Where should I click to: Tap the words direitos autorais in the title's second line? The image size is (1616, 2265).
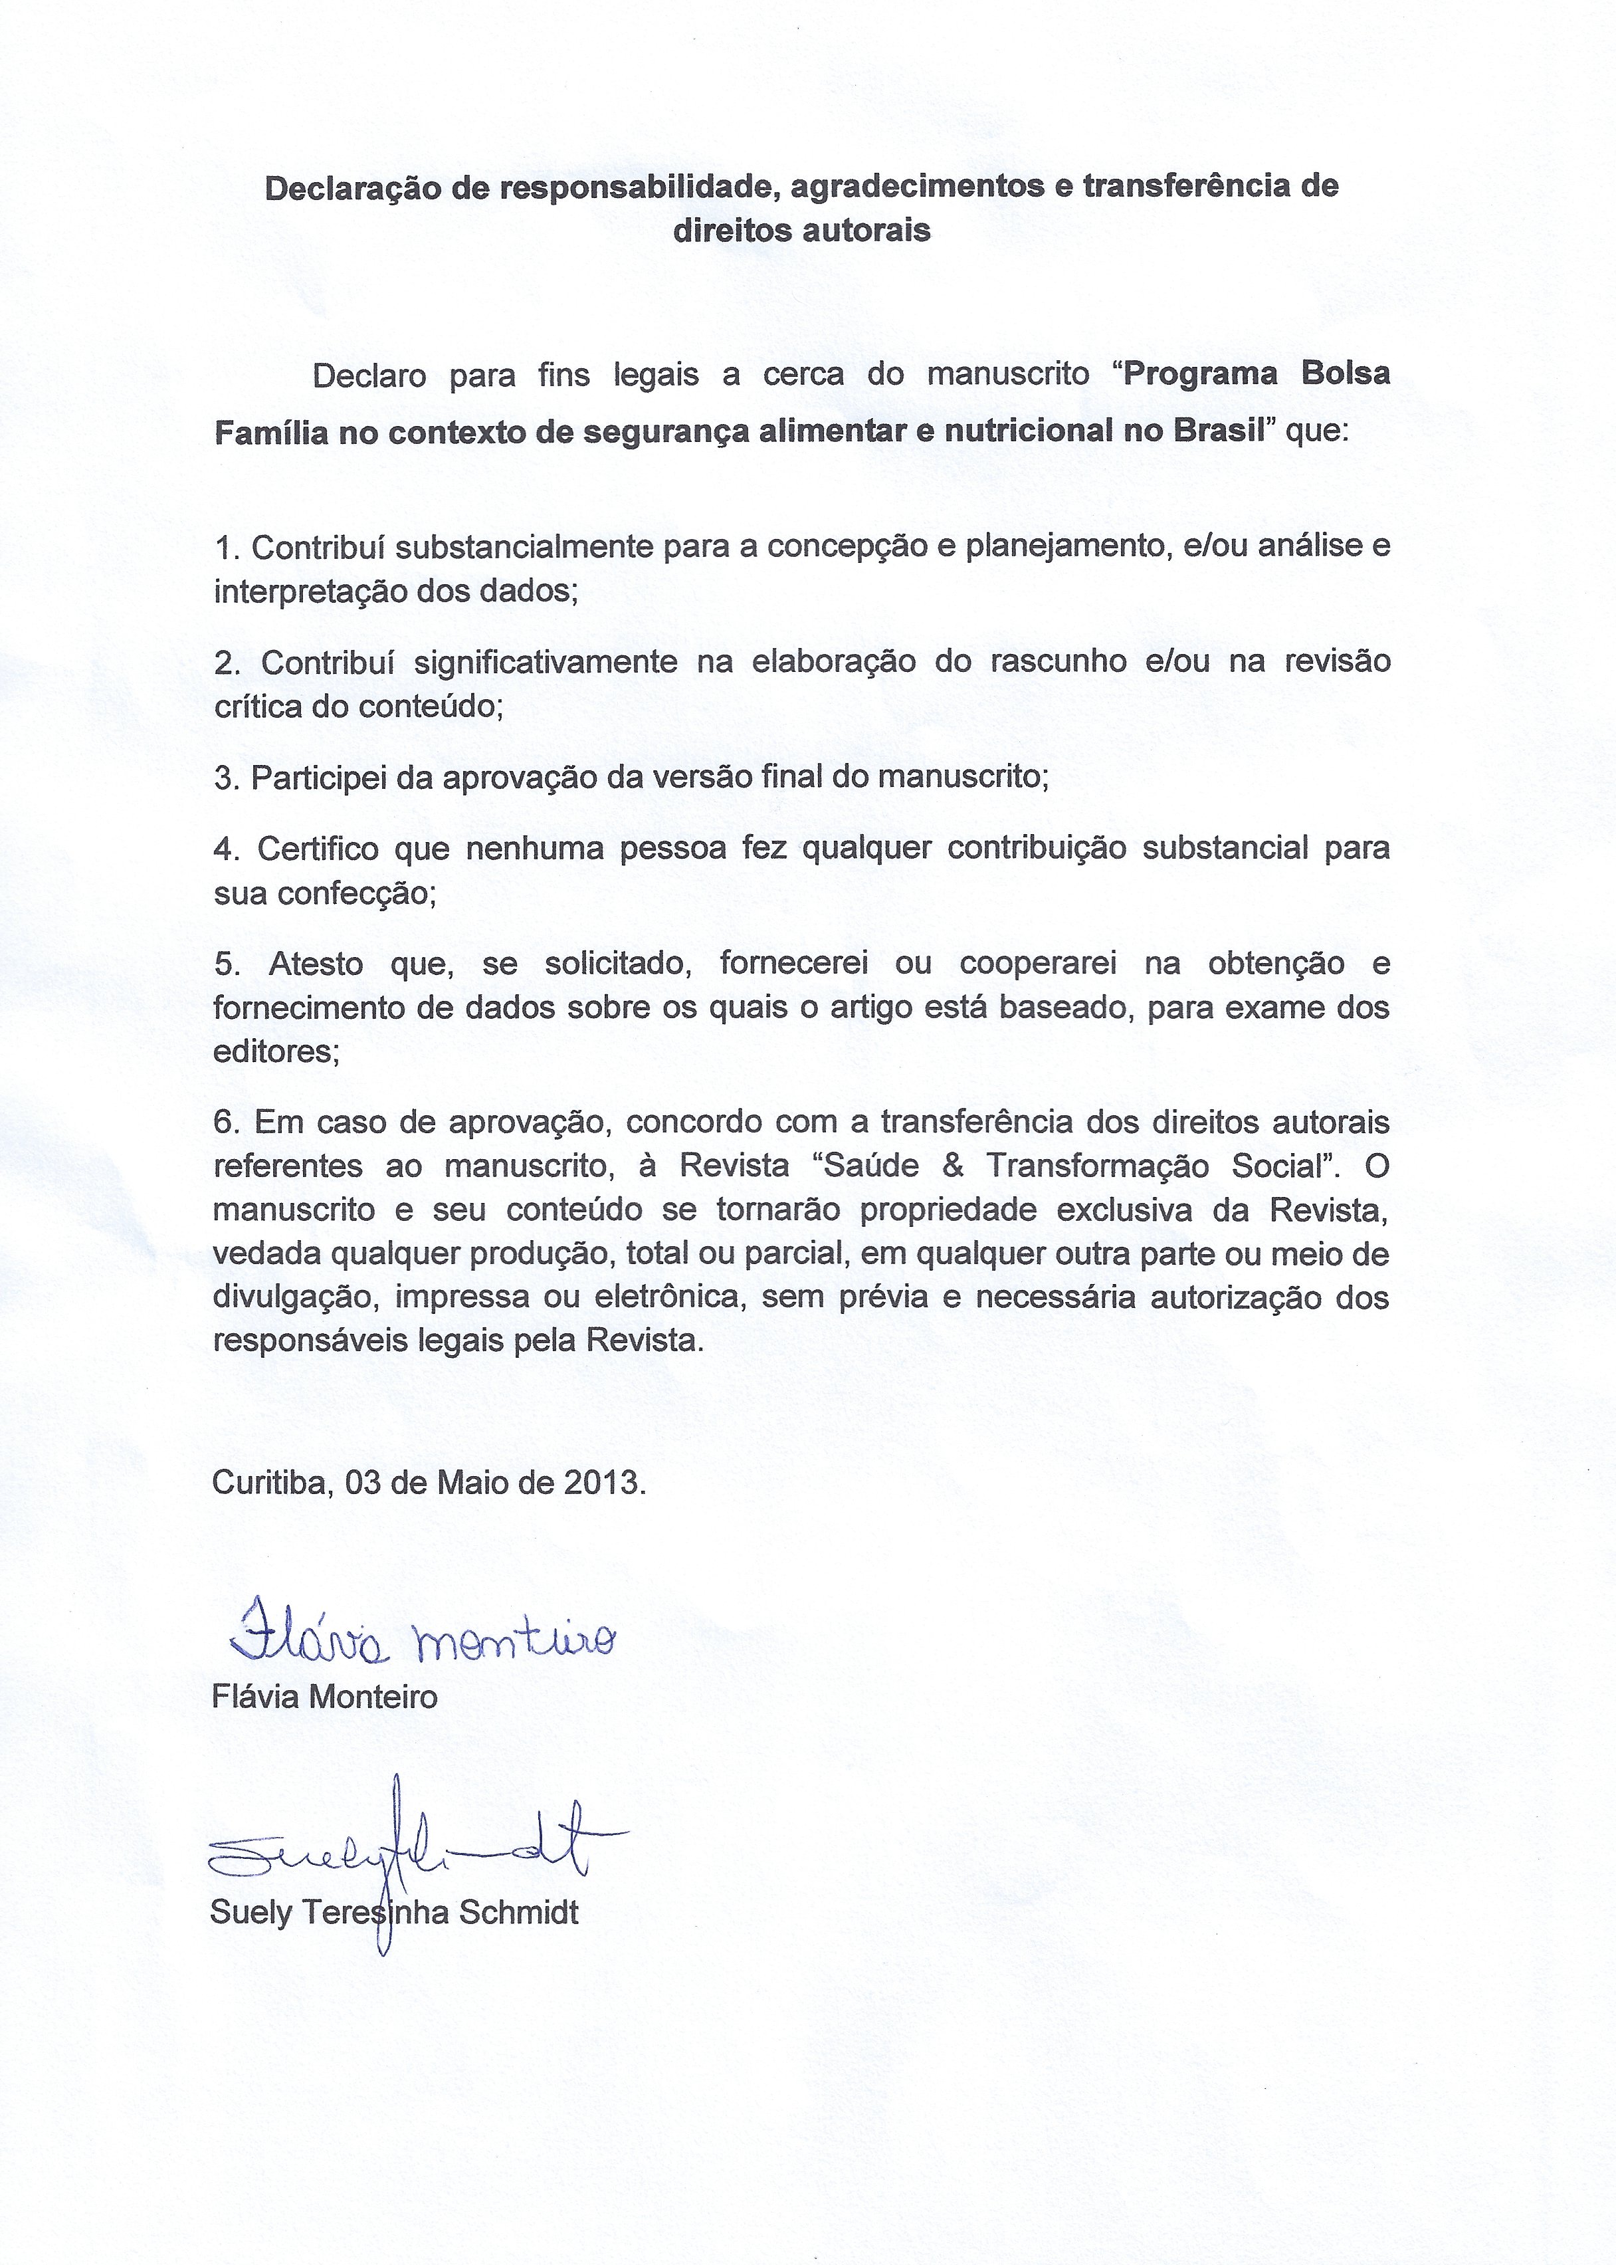pos(801,231)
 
